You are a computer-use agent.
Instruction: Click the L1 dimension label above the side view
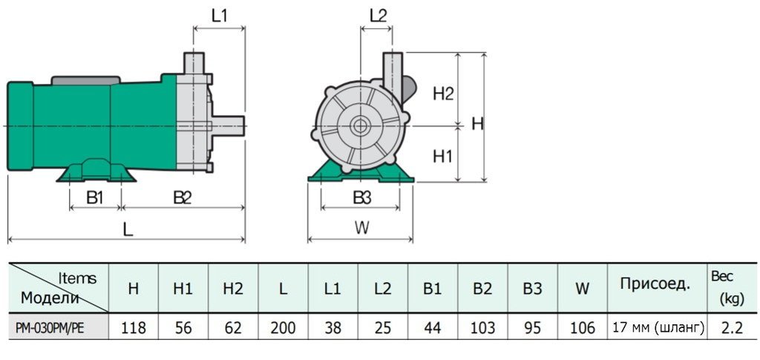point(219,15)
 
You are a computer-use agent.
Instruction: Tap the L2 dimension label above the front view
point(378,15)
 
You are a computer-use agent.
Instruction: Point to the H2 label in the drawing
point(443,94)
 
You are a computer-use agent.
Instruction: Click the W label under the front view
point(361,228)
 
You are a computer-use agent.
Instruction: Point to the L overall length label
point(128,229)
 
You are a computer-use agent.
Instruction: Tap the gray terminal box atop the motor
point(83,79)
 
